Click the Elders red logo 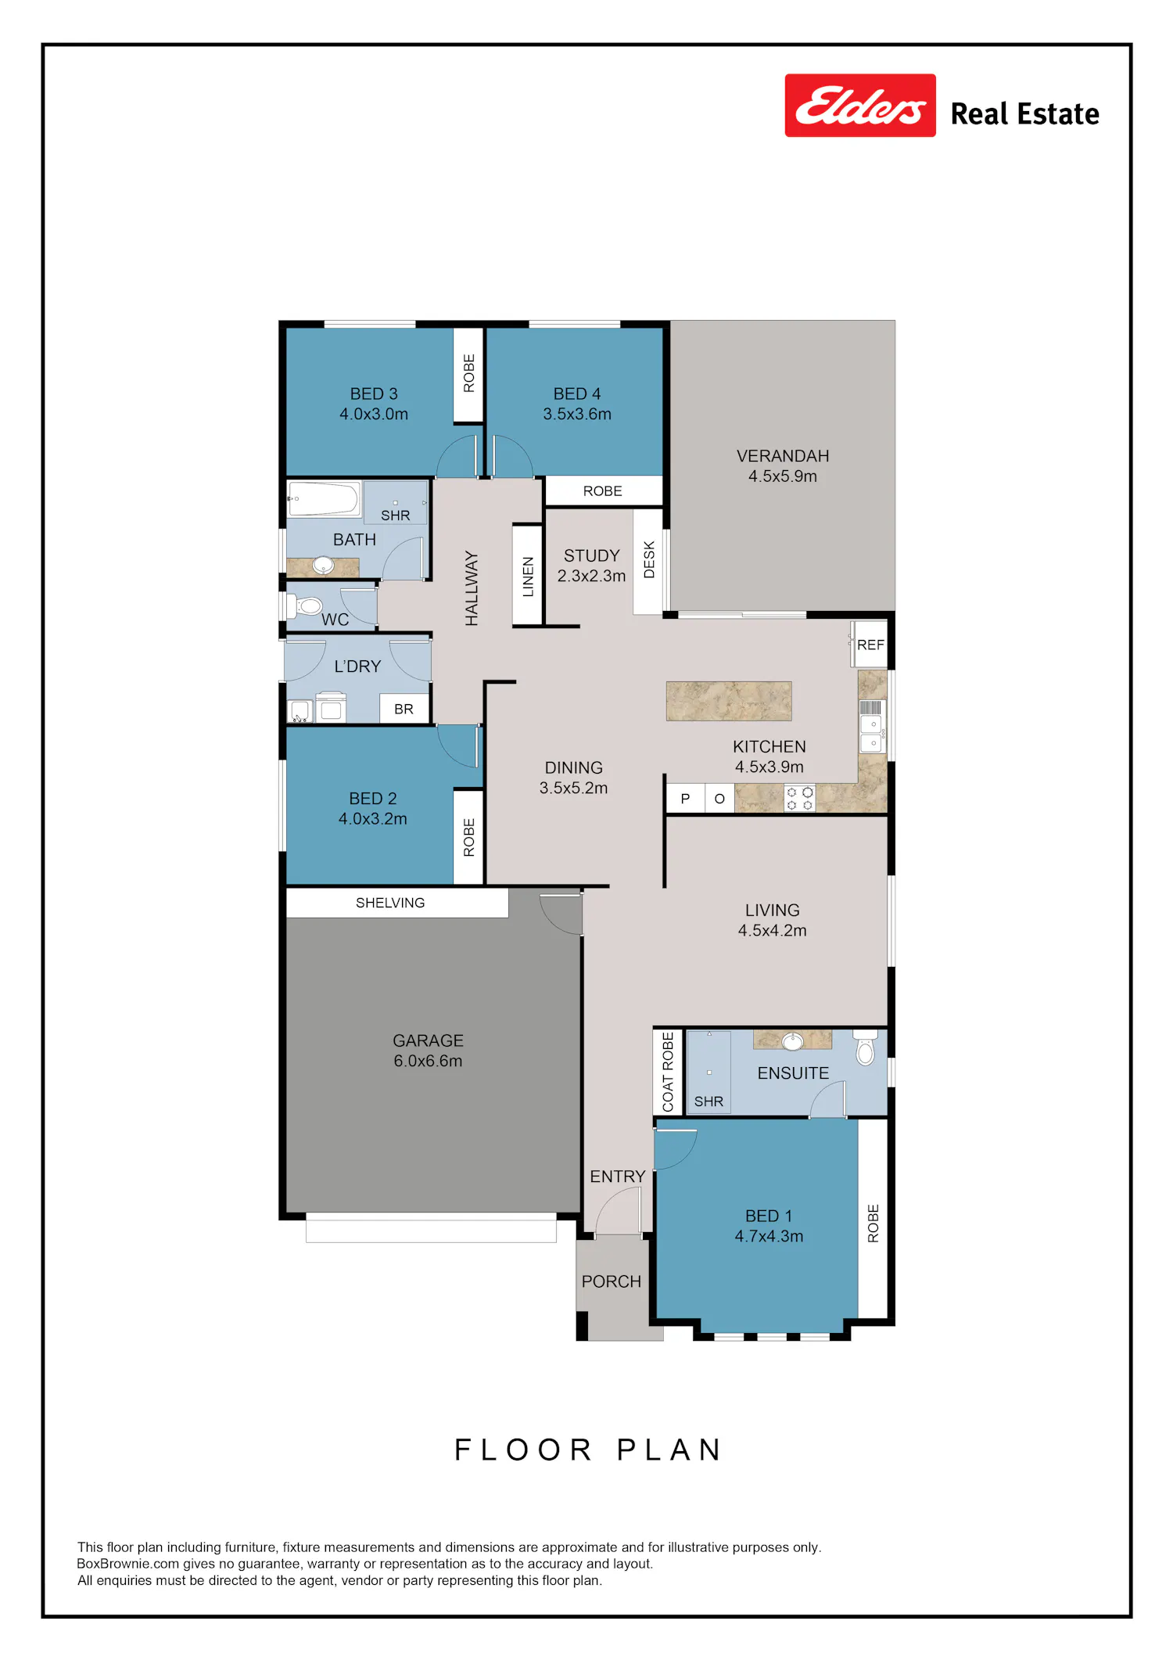860,106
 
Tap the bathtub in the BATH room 324,499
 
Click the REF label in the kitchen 870,645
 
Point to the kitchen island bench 729,701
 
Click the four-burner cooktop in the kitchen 799,798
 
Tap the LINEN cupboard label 529,577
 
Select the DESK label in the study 649,560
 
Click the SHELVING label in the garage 390,903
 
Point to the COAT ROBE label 668,1072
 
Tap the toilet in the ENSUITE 865,1047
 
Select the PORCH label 612,1281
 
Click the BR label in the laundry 404,709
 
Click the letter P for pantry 685,799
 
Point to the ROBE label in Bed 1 873,1223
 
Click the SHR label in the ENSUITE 708,1101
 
